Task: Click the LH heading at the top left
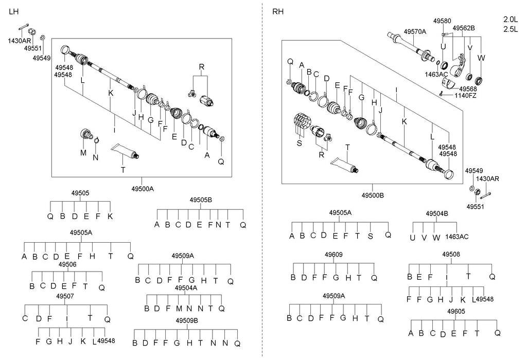click(x=14, y=11)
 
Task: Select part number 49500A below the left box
click(x=143, y=189)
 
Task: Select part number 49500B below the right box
click(x=373, y=195)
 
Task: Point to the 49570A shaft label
click(x=415, y=31)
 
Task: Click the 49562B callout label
click(x=464, y=28)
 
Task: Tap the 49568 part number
click(x=469, y=88)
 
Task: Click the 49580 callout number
click(x=442, y=21)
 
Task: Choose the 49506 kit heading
click(x=67, y=264)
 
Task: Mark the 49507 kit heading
click(x=65, y=297)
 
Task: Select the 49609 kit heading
click(x=332, y=255)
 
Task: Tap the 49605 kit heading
click(x=456, y=311)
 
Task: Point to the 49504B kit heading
click(x=437, y=213)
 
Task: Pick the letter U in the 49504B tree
click(x=412, y=237)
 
